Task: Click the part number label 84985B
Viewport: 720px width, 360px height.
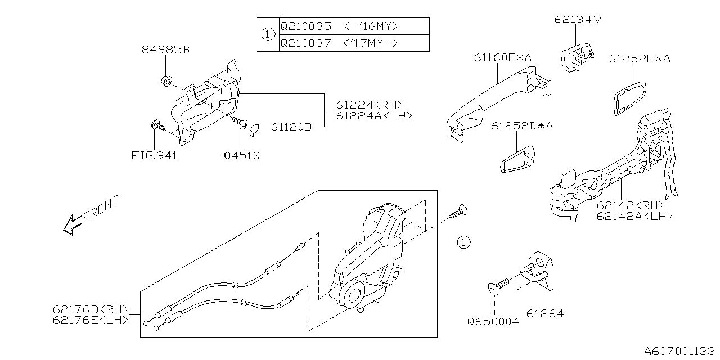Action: (x=165, y=49)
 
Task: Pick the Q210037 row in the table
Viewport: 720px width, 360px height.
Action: (x=354, y=43)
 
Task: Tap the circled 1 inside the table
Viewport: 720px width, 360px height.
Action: (x=268, y=34)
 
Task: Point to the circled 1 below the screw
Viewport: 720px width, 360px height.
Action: (x=463, y=242)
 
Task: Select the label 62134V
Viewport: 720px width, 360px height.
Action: (x=578, y=20)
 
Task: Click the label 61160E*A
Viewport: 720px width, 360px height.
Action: (x=503, y=58)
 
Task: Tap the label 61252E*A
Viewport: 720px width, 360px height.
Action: (x=640, y=59)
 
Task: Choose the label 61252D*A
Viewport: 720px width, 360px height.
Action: (x=521, y=126)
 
